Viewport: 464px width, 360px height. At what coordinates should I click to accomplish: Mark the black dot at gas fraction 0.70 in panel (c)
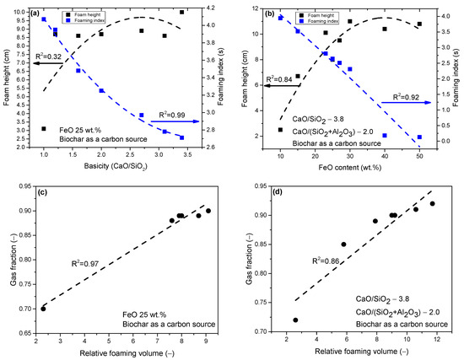44,309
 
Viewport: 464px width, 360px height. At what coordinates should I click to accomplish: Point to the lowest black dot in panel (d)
294,320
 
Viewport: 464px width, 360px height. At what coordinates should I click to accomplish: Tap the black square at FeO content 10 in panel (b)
280,130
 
